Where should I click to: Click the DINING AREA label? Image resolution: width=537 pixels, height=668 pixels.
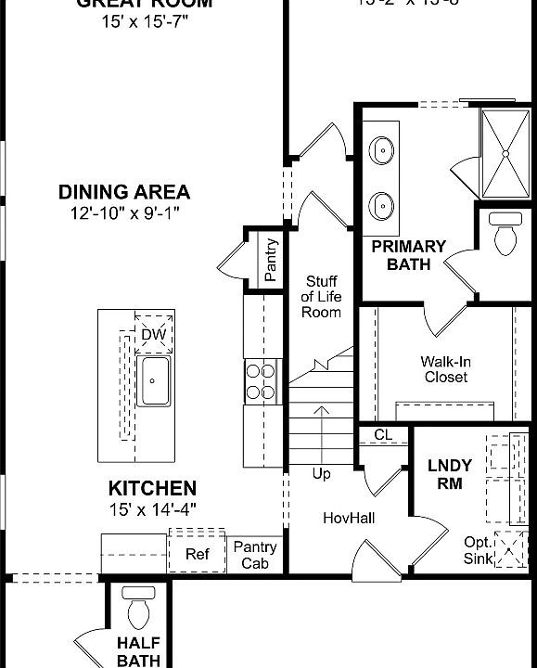pyautogui.click(x=124, y=193)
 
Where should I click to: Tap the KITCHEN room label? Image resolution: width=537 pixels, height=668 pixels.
pyautogui.click(x=152, y=488)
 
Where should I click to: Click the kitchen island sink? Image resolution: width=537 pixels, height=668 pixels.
pyautogui.click(x=153, y=379)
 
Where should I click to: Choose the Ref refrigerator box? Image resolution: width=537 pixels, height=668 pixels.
pyautogui.click(x=197, y=554)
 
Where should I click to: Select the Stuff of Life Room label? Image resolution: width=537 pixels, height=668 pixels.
pyautogui.click(x=321, y=297)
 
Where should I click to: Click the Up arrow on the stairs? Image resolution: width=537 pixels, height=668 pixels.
pyautogui.click(x=321, y=436)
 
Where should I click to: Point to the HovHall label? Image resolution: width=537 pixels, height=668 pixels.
pyautogui.click(x=348, y=516)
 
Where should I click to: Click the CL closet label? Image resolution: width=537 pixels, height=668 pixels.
pyautogui.click(x=383, y=434)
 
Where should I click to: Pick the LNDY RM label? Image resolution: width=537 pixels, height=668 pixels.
pyautogui.click(x=450, y=474)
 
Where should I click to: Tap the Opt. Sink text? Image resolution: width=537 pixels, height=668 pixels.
pyautogui.click(x=479, y=549)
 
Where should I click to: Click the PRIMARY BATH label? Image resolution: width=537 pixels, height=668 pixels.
pyautogui.click(x=408, y=255)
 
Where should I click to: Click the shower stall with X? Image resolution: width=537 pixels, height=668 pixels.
pyautogui.click(x=506, y=151)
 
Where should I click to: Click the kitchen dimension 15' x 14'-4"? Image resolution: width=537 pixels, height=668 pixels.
pyautogui.click(x=152, y=508)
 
